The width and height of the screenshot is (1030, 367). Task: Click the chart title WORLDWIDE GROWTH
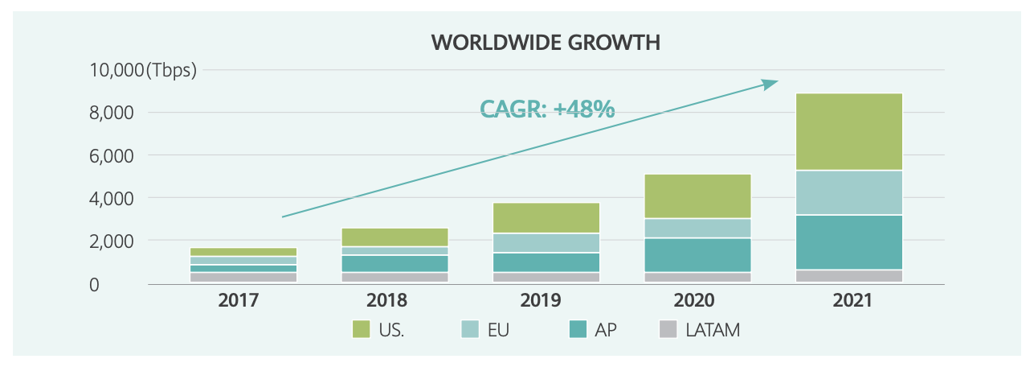pos(546,43)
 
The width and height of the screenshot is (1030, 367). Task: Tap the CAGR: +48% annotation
pos(547,109)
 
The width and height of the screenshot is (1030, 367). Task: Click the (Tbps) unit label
pos(171,70)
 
